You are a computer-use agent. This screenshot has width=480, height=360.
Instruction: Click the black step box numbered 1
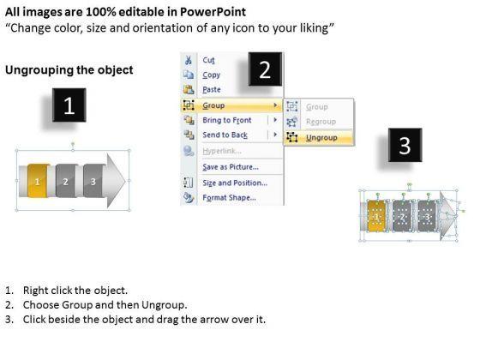tap(69, 105)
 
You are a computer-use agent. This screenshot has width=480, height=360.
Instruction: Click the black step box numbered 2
tap(265, 69)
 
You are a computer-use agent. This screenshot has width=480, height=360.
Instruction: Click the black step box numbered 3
tap(405, 145)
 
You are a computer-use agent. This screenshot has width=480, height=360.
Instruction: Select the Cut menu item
tap(209, 60)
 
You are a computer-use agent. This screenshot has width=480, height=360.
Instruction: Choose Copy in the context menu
tap(211, 75)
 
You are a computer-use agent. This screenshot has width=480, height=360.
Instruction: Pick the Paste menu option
tap(212, 89)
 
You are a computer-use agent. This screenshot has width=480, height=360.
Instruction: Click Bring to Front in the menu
tap(227, 120)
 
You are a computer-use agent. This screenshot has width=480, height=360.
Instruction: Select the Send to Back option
tap(225, 135)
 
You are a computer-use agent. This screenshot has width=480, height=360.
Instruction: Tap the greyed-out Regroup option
tap(321, 122)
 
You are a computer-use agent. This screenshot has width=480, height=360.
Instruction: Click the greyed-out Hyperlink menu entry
tap(222, 151)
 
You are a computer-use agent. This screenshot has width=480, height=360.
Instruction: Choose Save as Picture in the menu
tap(231, 167)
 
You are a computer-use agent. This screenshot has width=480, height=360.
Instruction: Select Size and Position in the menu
tap(235, 183)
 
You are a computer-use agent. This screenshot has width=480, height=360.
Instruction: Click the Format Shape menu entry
tap(230, 197)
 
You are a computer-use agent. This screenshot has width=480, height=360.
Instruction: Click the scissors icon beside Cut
tap(189, 60)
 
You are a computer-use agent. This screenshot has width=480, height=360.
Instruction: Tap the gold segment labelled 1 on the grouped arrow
tap(38, 181)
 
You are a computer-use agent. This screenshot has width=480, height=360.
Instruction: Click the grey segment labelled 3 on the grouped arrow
tap(93, 181)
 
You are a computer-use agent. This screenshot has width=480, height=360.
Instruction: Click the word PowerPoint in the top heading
tap(213, 12)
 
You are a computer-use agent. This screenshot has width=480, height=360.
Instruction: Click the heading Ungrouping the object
tap(69, 69)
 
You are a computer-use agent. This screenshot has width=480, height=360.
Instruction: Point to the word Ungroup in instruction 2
tap(164, 305)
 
